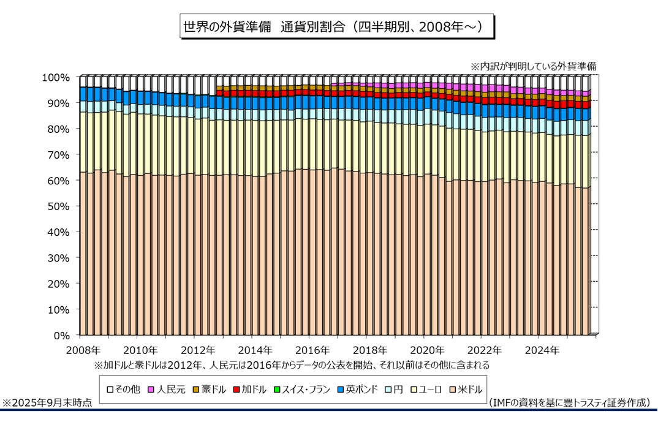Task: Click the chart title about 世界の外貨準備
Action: pyautogui.click(x=336, y=28)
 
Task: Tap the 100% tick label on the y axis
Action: pyautogui.click(x=56, y=77)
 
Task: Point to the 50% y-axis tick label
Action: pyautogui.click(x=58, y=206)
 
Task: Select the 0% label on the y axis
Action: pyautogui.click(x=62, y=336)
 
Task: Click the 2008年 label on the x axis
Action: pyautogui.click(x=83, y=350)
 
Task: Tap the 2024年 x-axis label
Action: pyautogui.click(x=542, y=350)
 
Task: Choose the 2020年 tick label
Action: pyautogui.click(x=428, y=350)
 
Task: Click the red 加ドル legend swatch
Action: pyautogui.click(x=236, y=389)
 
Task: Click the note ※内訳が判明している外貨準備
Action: pyautogui.click(x=533, y=66)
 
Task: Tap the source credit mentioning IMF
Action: pyautogui.click(x=569, y=402)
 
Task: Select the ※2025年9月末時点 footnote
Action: pyautogui.click(x=47, y=403)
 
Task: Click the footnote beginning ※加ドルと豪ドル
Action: pyautogui.click(x=292, y=364)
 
